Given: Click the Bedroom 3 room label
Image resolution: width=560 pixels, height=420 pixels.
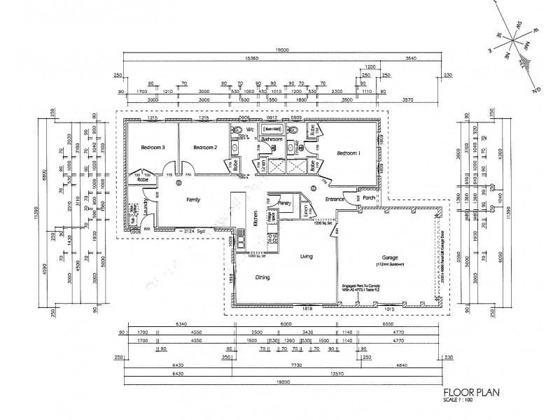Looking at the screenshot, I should (x=153, y=148).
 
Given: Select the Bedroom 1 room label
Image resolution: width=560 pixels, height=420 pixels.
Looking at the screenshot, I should (x=349, y=153).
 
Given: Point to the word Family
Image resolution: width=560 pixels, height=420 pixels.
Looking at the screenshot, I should (x=194, y=199).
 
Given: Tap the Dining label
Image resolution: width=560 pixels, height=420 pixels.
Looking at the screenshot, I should (x=262, y=277).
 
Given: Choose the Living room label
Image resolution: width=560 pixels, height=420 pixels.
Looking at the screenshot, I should (x=306, y=257).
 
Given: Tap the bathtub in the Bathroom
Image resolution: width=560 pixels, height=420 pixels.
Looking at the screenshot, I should (x=272, y=129).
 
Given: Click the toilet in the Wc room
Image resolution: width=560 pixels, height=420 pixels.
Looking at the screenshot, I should (x=239, y=131).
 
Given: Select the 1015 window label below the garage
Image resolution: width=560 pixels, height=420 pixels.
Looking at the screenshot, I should (x=388, y=309).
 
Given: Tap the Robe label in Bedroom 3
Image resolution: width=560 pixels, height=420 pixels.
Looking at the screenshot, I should (x=143, y=180).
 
